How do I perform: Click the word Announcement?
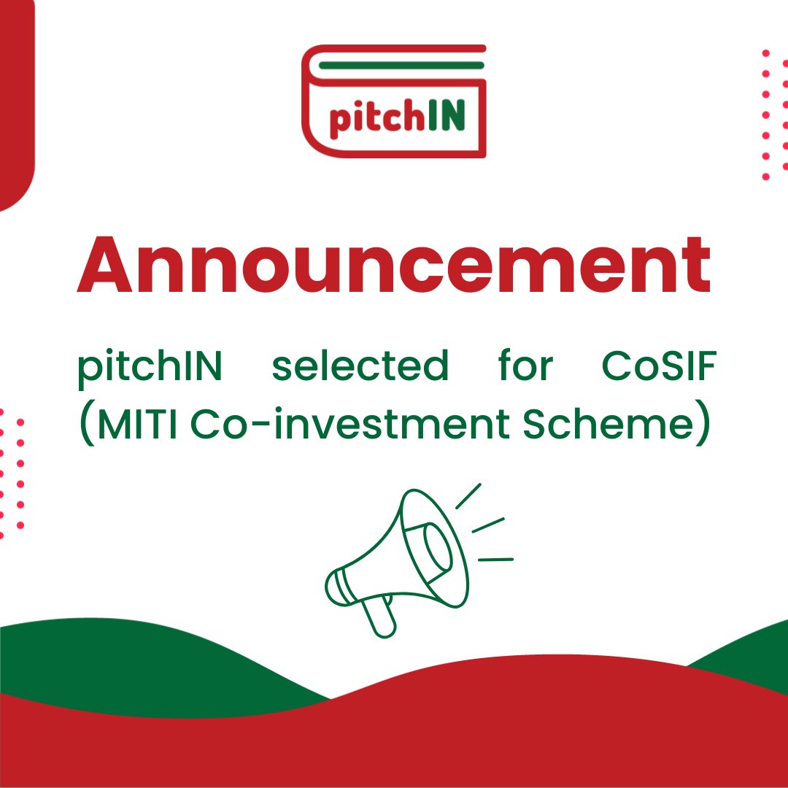click(393, 264)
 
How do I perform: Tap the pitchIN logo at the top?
click(393, 101)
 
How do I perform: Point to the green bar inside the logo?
click(401, 66)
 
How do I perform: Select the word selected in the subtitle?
click(360, 366)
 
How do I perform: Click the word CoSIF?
click(658, 366)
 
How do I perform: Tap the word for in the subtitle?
click(525, 366)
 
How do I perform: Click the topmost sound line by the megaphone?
click(468, 496)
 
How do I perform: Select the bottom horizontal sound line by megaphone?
click(495, 560)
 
